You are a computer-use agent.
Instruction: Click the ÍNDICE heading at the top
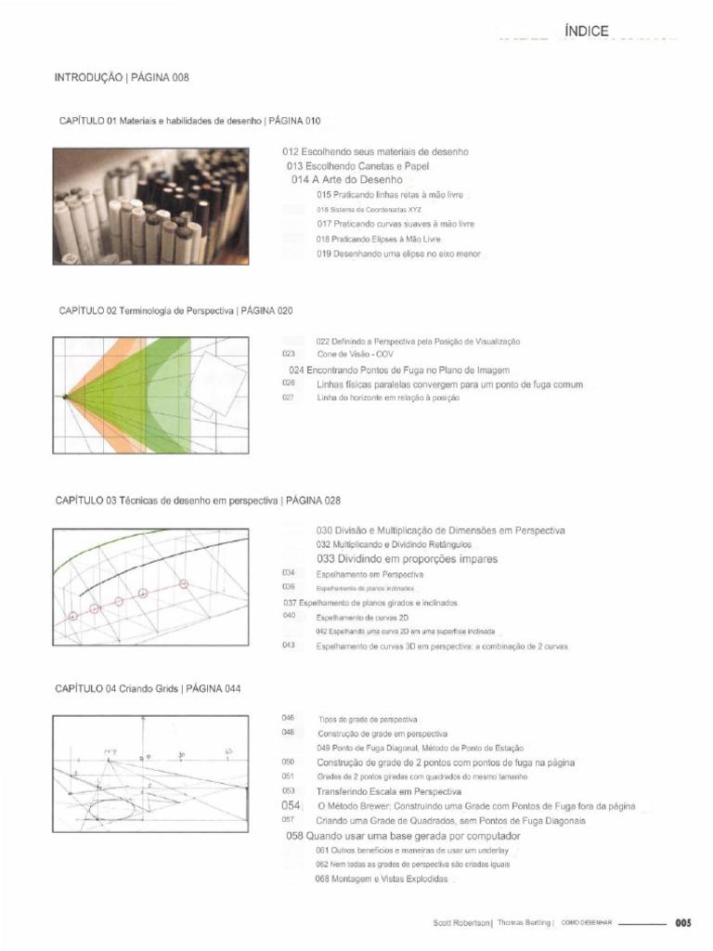pos(586,32)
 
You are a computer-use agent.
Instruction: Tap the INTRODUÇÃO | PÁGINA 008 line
pos(122,79)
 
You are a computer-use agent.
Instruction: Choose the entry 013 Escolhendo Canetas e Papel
pos(357,165)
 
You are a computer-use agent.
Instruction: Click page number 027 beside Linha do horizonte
pos(289,397)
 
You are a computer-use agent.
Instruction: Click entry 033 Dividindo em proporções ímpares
pos(407,559)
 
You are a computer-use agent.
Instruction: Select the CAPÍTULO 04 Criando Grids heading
pos(149,689)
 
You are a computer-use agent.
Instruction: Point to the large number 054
pos(292,806)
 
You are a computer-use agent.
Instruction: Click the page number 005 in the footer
pos(684,923)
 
